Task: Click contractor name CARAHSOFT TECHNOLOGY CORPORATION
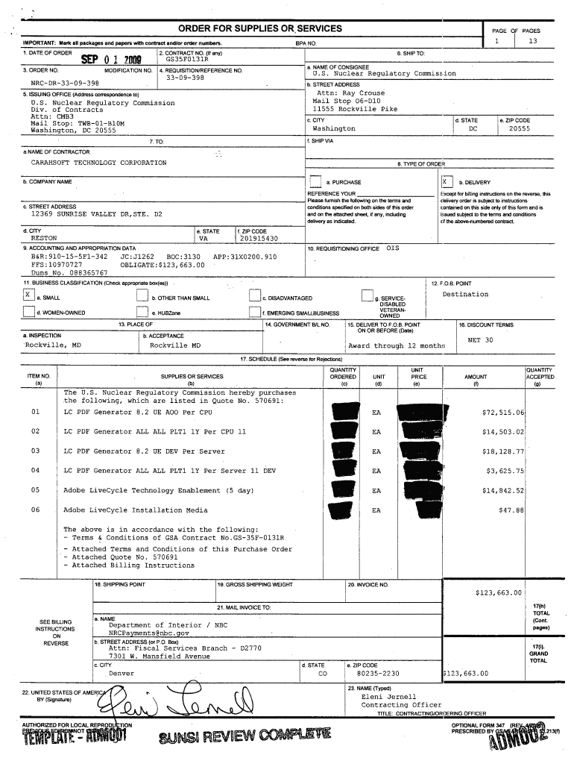click(98, 162)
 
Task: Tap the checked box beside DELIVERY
click(445, 182)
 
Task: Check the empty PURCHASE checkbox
click(315, 183)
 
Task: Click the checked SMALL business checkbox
click(28, 296)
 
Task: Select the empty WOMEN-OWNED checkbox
click(28, 313)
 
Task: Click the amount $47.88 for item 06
click(511, 510)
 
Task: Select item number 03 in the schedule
click(36, 451)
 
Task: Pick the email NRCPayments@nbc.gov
click(149, 633)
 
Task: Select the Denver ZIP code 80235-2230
click(383, 673)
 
